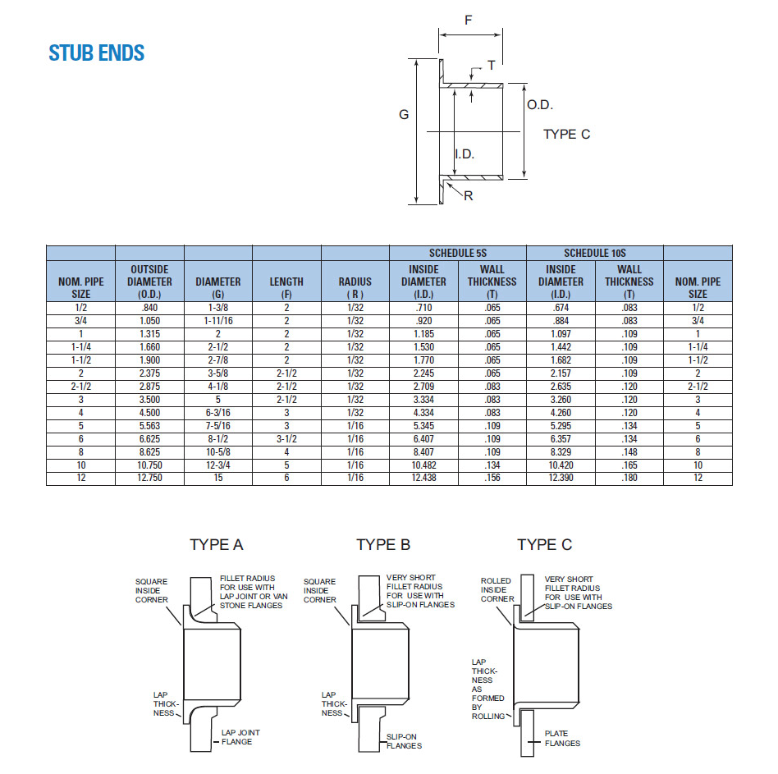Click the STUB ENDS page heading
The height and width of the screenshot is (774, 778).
coord(97,53)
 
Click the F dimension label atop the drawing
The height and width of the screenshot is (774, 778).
coord(469,21)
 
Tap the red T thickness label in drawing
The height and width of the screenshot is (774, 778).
coord(491,66)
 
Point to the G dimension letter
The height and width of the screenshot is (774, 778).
coord(404,115)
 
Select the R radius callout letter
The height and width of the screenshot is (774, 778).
coord(469,196)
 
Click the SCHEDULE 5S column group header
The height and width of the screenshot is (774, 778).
coord(458,253)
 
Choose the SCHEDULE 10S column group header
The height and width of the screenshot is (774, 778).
coord(594,253)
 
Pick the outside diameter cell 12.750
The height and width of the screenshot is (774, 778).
coord(149,478)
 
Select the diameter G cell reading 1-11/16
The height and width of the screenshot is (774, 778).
coord(218,320)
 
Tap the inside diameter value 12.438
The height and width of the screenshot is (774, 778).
coord(423,478)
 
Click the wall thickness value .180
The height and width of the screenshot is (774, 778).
coord(629,478)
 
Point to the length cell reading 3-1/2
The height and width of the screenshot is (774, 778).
coord(286,438)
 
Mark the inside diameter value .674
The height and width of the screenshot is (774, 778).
coord(561,307)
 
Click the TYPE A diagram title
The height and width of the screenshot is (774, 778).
coord(217,545)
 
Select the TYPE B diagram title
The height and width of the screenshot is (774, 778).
coord(383,545)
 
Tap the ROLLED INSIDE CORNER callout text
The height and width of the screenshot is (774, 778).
coord(496,589)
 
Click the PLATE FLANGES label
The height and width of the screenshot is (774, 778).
coord(562,739)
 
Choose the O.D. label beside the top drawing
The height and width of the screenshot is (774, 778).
coord(540,105)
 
